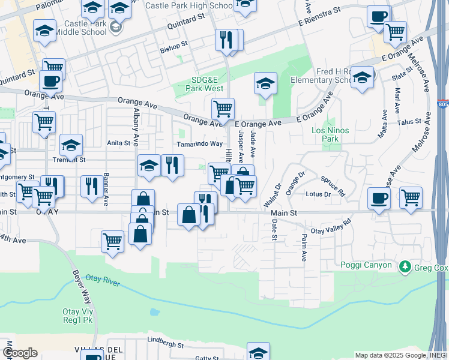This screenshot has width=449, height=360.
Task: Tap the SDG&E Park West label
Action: click(199, 84)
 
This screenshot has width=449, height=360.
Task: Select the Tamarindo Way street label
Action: click(199, 144)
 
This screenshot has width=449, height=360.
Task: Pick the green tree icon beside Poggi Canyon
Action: click(406, 266)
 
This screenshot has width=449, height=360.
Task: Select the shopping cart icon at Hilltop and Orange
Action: click(223, 109)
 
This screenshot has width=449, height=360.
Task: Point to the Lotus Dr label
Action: click(318, 194)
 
